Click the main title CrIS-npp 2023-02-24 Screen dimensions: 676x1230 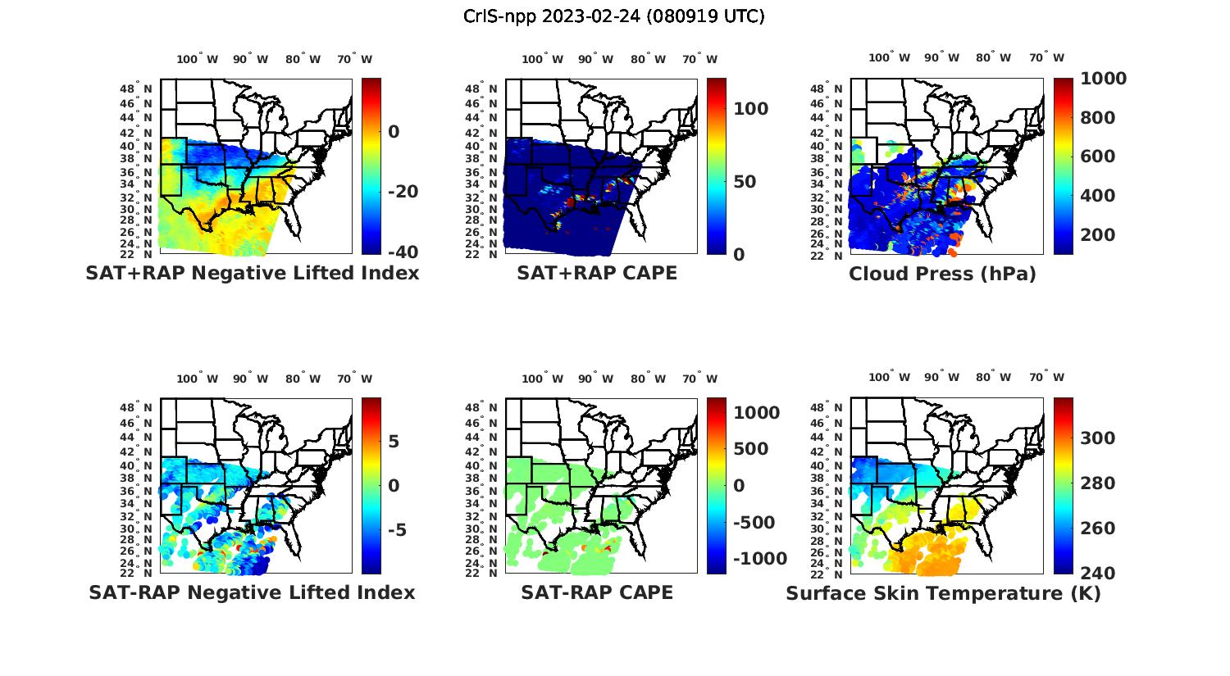tap(614, 16)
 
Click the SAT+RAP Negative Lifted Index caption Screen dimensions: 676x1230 tap(252, 273)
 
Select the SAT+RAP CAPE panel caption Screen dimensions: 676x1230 tap(597, 273)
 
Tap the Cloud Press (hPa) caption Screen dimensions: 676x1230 tap(942, 274)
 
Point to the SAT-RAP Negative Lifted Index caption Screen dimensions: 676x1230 tap(252, 592)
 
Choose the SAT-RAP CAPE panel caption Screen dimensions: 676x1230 tap(597, 592)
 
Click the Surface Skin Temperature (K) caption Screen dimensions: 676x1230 tap(943, 593)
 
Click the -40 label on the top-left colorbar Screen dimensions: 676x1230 tap(403, 252)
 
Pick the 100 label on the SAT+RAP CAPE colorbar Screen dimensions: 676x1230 tap(750, 109)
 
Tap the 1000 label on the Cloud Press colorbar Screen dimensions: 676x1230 tap(1103, 79)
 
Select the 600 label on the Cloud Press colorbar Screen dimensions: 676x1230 tap(1097, 157)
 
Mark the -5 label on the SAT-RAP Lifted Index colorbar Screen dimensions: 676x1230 tap(396, 529)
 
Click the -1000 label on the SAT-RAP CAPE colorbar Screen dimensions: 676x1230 tap(759, 559)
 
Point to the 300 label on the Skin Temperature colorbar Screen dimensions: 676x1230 tap(1097, 438)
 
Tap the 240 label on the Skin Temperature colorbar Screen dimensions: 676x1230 tap(1097, 573)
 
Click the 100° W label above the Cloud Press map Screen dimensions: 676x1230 tap(890, 57)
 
